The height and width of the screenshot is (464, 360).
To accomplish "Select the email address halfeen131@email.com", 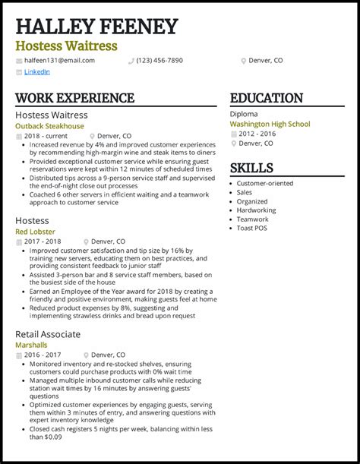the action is click(x=59, y=60).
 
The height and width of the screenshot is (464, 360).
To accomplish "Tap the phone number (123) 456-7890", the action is click(x=159, y=60).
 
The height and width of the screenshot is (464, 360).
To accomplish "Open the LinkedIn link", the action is click(x=36, y=71).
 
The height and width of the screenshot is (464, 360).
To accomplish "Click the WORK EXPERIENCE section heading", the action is click(x=74, y=98).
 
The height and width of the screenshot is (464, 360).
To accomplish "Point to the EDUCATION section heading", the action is click(x=266, y=98).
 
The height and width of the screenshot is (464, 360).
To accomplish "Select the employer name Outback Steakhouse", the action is click(x=49, y=126).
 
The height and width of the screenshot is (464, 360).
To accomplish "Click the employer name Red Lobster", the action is click(x=35, y=232).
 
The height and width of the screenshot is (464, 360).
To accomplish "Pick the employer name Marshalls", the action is click(x=31, y=345).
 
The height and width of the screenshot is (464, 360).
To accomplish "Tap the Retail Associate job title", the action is click(x=48, y=334).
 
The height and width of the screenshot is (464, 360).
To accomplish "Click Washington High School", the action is click(x=270, y=124).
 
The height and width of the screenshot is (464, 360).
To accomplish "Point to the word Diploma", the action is click(x=244, y=114).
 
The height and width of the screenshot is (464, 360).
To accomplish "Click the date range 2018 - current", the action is click(x=45, y=137).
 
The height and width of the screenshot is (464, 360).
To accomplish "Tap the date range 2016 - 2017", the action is click(x=43, y=355).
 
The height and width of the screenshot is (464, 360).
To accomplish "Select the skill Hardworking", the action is click(x=256, y=210).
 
